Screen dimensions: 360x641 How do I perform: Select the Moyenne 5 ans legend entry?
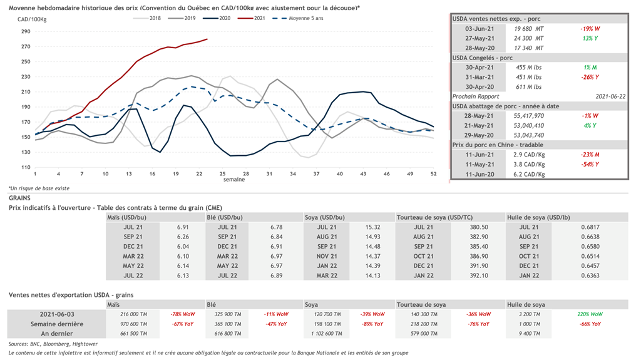point(300,18)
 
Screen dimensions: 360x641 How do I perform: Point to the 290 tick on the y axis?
point(25,31)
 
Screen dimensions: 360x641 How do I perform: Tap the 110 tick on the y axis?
point(25,167)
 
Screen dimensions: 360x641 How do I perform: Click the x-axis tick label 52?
point(434,174)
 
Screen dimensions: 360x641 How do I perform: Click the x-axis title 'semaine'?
point(234,180)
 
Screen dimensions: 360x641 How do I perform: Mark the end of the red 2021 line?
point(207,39)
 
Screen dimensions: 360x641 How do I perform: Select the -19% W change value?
point(590,29)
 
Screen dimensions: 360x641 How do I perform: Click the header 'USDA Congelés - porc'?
point(483,58)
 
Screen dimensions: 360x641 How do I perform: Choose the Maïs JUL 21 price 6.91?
point(183,227)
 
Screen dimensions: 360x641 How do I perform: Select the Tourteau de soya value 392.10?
point(478,275)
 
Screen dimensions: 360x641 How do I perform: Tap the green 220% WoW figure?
point(590,314)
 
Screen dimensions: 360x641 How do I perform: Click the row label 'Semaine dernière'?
point(57,324)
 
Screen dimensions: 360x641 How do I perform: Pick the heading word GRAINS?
point(20,198)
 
